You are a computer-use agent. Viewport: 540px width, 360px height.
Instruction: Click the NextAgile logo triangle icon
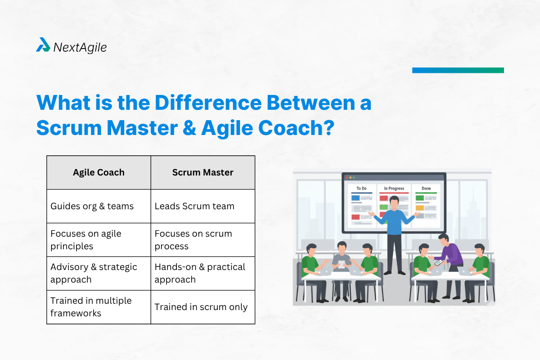43,45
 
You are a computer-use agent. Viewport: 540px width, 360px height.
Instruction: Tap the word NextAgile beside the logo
80,47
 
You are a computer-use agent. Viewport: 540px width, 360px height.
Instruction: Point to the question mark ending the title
327,128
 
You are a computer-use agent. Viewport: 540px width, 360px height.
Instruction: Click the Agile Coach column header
99,172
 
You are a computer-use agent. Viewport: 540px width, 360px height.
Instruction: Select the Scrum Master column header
202,172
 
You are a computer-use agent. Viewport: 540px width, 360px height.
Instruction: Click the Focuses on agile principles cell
99,240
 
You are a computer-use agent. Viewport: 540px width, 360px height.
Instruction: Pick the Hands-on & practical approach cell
202,273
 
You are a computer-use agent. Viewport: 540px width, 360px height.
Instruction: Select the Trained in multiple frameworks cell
99,307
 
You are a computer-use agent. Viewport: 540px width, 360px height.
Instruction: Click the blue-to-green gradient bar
458,70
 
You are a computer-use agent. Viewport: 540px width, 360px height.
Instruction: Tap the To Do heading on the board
361,189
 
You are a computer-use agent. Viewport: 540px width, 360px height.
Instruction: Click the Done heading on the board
426,189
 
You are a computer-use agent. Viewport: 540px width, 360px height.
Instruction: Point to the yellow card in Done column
419,208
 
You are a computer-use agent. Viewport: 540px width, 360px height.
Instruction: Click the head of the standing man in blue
394,202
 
